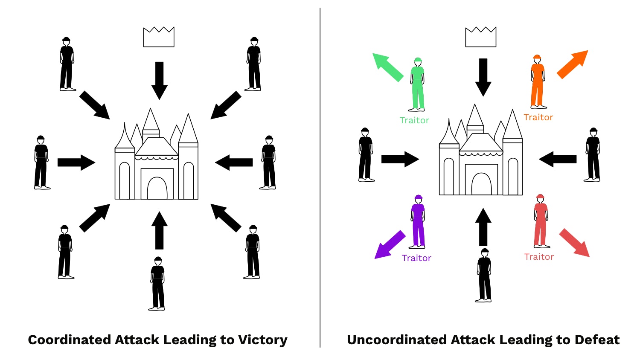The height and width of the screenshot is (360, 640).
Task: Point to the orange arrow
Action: [573, 64]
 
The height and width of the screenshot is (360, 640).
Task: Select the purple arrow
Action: [389, 245]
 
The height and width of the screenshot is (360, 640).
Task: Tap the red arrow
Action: [575, 243]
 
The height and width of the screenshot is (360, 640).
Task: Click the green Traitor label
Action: [414, 121]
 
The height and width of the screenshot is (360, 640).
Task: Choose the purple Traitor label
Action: [416, 258]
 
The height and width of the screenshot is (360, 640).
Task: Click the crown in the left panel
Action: [159, 38]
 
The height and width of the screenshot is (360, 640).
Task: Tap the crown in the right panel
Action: [481, 37]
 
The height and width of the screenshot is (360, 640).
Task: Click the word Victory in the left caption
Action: [263, 340]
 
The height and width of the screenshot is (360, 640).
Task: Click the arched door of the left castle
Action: [157, 188]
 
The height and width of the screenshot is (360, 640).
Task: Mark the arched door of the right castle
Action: [481, 184]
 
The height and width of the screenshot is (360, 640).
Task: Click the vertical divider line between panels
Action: [320, 179]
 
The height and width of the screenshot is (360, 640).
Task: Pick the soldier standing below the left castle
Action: [157, 284]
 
